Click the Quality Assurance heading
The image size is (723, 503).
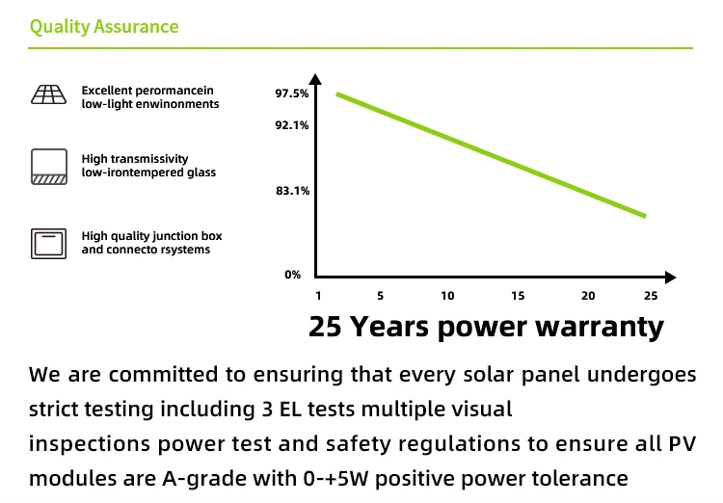point(104,26)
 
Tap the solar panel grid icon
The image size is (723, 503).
point(47,94)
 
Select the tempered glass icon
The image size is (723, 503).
point(47,166)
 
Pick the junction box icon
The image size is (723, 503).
point(47,242)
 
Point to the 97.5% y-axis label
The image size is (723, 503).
point(292,93)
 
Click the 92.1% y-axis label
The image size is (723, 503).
point(292,125)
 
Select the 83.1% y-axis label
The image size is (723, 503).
point(292,191)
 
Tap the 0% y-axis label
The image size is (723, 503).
point(293,275)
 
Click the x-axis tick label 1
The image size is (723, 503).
point(318,296)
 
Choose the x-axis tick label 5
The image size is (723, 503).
point(380,296)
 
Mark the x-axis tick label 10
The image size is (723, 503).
point(447,296)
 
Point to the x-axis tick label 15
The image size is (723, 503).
point(518,296)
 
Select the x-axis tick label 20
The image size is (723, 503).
point(588,296)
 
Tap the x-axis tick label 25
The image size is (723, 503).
point(650,296)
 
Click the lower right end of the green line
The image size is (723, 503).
point(643,214)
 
